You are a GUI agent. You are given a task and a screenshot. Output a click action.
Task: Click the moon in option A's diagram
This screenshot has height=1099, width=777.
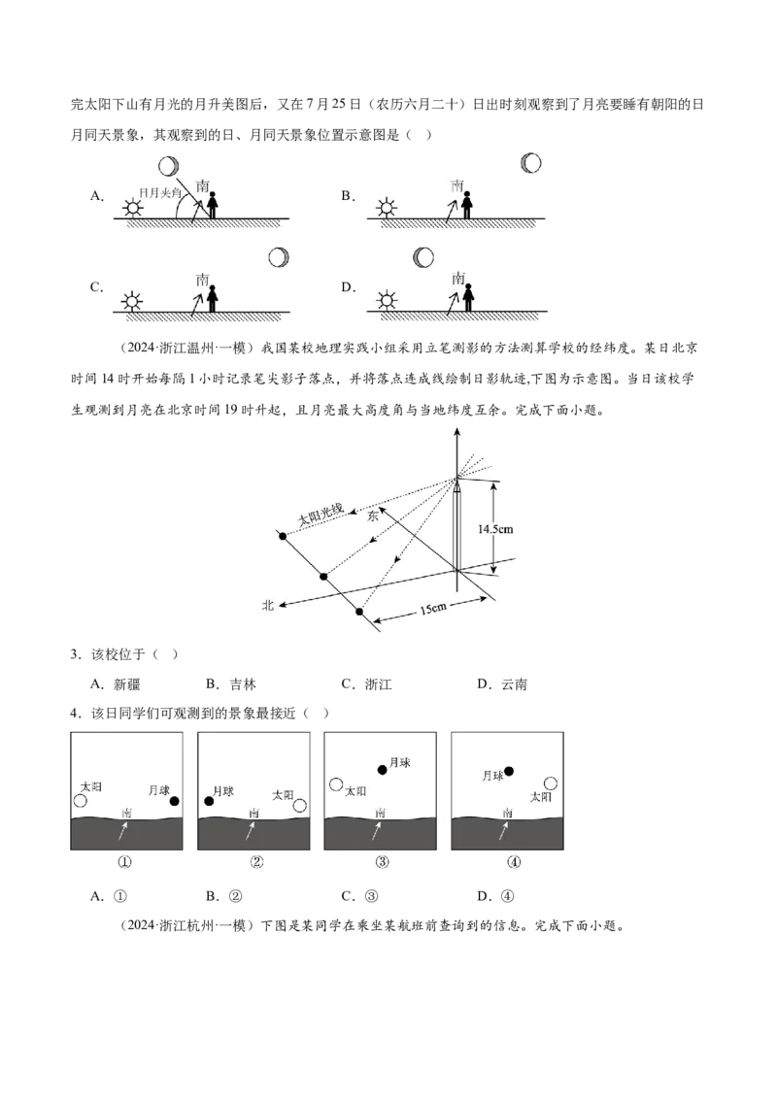168,166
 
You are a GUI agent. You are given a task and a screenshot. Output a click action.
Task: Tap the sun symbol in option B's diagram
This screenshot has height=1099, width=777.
387,208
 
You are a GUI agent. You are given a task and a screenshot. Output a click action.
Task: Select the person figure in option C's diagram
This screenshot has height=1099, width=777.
212,297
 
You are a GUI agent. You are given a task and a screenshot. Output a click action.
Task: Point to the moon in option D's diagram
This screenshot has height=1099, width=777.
423,257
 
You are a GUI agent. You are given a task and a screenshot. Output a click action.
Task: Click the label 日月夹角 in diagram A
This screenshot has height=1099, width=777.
159,193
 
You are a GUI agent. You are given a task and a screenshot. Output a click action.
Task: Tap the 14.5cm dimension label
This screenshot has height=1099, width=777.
495,528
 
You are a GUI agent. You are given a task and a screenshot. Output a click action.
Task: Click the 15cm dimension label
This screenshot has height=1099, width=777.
433,608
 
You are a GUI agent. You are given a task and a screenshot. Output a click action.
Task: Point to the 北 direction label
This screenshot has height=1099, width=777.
267,604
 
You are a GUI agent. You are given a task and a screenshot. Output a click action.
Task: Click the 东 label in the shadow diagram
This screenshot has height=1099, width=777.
373,516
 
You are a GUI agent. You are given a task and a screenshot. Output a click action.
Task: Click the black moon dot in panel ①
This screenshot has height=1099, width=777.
174,801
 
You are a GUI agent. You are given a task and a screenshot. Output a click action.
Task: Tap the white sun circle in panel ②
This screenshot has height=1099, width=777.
300,806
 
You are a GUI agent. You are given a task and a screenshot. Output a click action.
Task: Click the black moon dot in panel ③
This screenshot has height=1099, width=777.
383,770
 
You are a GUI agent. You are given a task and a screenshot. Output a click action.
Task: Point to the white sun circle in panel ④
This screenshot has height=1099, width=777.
551,783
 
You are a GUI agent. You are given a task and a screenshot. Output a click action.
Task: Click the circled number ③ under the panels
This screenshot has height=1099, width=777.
382,862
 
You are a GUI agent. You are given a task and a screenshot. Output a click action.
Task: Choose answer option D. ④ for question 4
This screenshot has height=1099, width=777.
495,896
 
